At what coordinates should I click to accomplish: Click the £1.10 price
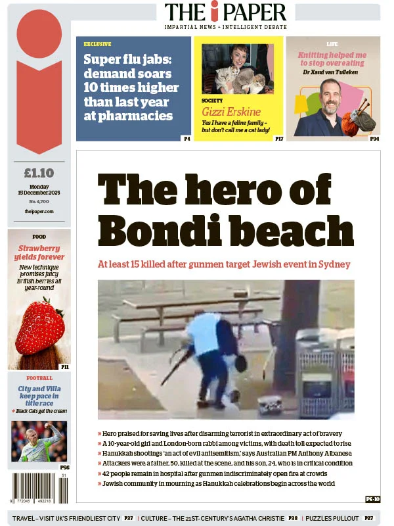click(39, 174)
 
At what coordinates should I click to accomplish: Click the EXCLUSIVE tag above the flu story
click(97, 44)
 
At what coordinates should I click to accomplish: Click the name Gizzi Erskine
click(231, 111)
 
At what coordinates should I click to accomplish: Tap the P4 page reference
click(186, 139)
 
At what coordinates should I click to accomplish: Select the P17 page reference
click(279, 139)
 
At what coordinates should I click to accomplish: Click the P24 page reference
click(374, 139)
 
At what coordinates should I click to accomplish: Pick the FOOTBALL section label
click(39, 378)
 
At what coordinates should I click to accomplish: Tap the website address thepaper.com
click(39, 211)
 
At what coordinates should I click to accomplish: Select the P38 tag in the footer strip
click(293, 518)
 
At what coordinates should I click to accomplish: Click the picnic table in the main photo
click(190, 309)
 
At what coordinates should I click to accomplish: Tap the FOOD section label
click(39, 237)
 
